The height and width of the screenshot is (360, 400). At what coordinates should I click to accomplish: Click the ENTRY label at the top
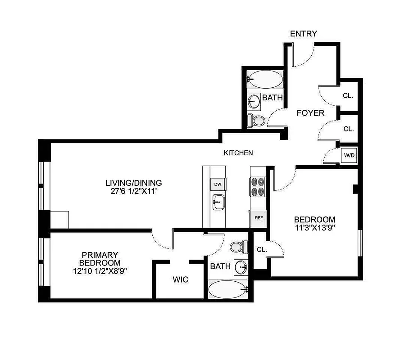click(x=303, y=34)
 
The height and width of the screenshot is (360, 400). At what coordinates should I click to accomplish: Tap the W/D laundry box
click(x=349, y=155)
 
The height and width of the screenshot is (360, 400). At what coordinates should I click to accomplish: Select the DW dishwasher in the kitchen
click(x=218, y=184)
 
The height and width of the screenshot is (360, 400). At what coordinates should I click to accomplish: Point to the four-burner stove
click(x=259, y=185)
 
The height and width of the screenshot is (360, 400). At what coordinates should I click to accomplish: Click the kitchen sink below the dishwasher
click(x=218, y=201)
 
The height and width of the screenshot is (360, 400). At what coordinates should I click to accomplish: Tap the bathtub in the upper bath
click(x=265, y=80)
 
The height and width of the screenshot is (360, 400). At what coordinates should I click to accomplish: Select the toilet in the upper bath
click(x=257, y=120)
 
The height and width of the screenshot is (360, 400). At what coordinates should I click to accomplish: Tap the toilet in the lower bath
click(x=237, y=246)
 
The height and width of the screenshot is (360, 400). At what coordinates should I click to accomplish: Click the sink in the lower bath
click(x=241, y=266)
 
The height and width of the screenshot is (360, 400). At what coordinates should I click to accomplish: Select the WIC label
click(x=180, y=279)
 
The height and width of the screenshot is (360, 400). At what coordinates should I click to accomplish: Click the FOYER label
click(x=310, y=113)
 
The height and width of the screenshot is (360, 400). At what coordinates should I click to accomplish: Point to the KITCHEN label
click(x=238, y=153)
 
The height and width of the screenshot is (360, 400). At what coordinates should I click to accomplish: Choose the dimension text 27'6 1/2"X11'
click(x=133, y=191)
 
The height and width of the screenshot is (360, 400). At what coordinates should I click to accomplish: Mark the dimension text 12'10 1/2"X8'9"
click(x=100, y=271)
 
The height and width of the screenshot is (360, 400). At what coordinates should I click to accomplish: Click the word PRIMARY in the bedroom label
click(x=100, y=255)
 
